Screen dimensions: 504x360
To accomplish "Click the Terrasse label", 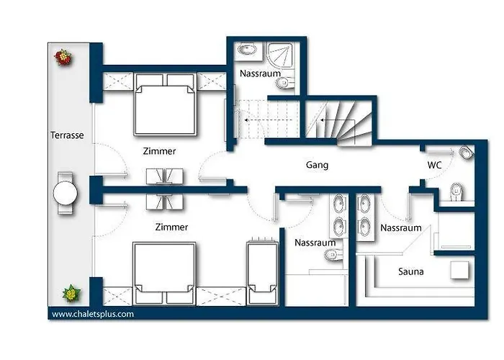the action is pyautogui.click(x=67, y=135).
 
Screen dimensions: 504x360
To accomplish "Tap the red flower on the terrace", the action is pyautogui.click(x=63, y=57).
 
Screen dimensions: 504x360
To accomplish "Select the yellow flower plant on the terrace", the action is pyautogui.click(x=71, y=293).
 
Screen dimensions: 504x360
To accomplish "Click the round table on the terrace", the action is pyautogui.click(x=66, y=194).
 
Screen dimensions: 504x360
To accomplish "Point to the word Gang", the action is pyautogui.click(x=317, y=165).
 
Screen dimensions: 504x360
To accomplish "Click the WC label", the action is pyautogui.click(x=434, y=165).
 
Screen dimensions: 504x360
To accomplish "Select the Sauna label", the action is pyautogui.click(x=411, y=271).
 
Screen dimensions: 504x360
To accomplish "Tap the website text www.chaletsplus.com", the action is pyautogui.click(x=93, y=314).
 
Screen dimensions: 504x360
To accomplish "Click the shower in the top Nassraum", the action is pyautogui.click(x=280, y=55).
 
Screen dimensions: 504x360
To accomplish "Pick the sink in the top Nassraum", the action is pyautogui.click(x=247, y=50).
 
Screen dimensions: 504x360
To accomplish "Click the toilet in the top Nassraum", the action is pyautogui.click(x=285, y=84).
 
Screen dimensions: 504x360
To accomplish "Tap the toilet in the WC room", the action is pyautogui.click(x=456, y=192).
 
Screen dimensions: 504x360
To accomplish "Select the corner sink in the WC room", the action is pyautogui.click(x=467, y=153).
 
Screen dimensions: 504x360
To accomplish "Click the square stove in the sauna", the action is pyautogui.click(x=459, y=270).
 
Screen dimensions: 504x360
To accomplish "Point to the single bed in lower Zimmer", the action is pyautogui.click(x=262, y=271).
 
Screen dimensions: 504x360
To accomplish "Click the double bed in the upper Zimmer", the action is pyautogui.click(x=165, y=104).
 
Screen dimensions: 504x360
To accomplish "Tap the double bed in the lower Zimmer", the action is pyautogui.click(x=164, y=273).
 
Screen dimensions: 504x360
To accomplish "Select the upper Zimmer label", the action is pyautogui.click(x=159, y=151).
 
